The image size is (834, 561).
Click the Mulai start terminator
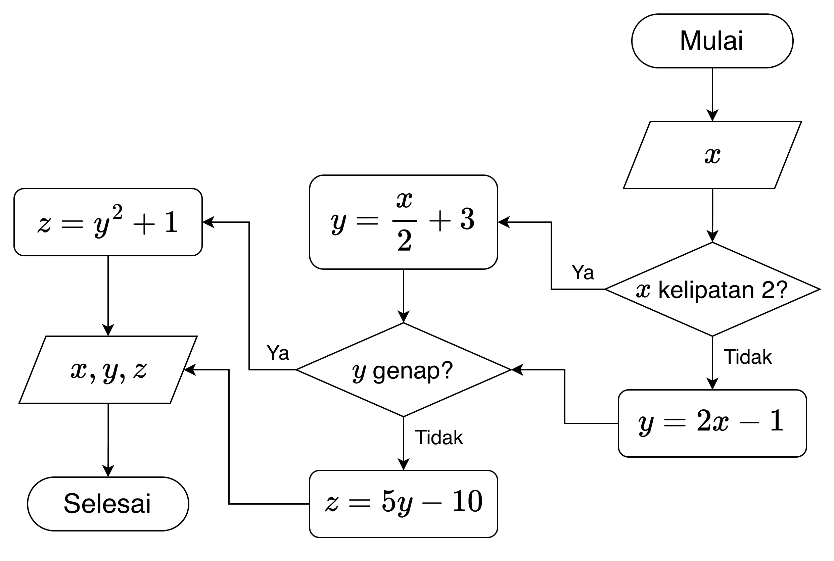click(x=712, y=41)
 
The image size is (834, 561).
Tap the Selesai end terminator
click(x=108, y=504)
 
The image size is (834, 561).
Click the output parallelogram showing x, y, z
click(x=108, y=370)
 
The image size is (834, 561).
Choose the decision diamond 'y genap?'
click(x=403, y=370)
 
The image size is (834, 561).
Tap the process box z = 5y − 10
click(x=403, y=504)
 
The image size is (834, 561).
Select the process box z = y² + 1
click(x=108, y=222)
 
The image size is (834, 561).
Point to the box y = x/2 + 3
click(x=403, y=222)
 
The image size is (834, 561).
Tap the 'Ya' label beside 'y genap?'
click(x=278, y=353)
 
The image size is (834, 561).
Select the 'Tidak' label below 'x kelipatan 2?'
click(x=747, y=357)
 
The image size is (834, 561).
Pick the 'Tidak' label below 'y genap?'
click(x=439, y=438)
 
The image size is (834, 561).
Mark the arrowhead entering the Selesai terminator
click(x=108, y=471)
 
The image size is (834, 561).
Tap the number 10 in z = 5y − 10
click(x=467, y=502)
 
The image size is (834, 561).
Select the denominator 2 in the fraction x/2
click(x=405, y=241)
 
